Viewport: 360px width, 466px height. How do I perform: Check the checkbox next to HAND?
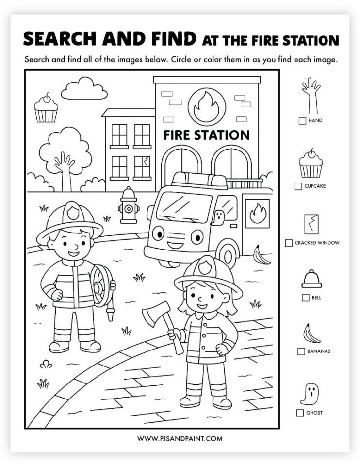point(302,121)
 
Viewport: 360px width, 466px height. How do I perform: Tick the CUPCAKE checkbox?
point(298,186)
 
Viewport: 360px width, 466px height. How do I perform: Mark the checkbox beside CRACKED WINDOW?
point(289,243)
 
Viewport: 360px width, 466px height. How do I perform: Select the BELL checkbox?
point(305,298)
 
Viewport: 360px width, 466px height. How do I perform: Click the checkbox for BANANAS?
point(301,351)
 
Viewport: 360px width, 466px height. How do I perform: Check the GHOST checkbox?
point(300,413)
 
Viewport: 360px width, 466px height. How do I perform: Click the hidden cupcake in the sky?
point(46,109)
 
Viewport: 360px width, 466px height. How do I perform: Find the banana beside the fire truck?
point(262,255)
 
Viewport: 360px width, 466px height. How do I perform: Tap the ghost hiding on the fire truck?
point(219,218)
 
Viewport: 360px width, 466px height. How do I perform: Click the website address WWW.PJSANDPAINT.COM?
point(180,438)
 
